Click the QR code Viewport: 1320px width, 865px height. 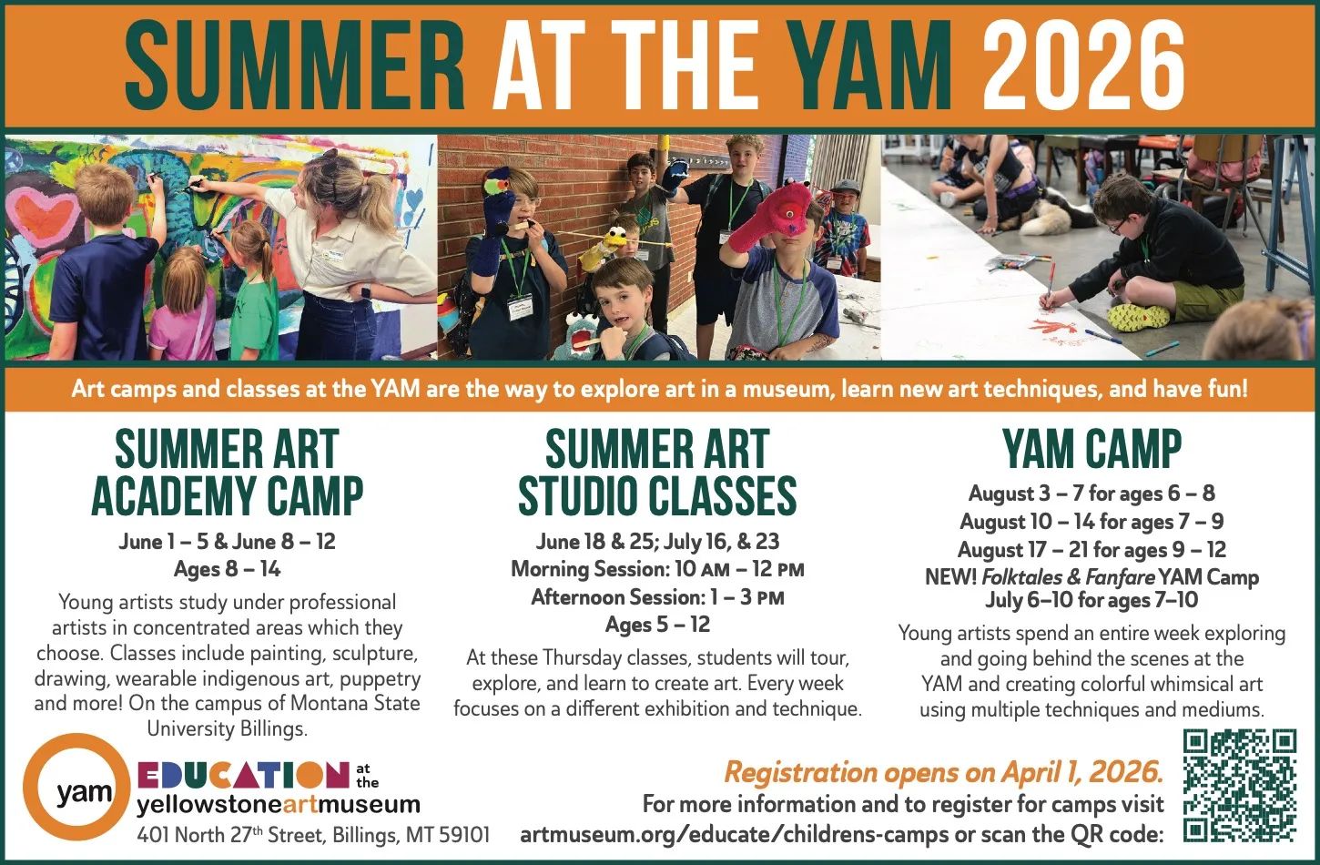point(1240,786)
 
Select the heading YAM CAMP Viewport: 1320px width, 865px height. point(1092,450)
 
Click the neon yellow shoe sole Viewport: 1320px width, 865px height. point(1138,317)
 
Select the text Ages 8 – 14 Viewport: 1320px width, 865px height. point(228,569)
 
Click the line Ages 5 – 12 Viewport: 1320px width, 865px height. point(657,625)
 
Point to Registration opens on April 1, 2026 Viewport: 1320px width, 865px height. point(944,772)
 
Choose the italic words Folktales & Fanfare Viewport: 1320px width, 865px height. point(1069,577)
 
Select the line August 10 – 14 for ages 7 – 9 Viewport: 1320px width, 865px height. point(1092,522)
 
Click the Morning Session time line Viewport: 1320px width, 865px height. point(657,569)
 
